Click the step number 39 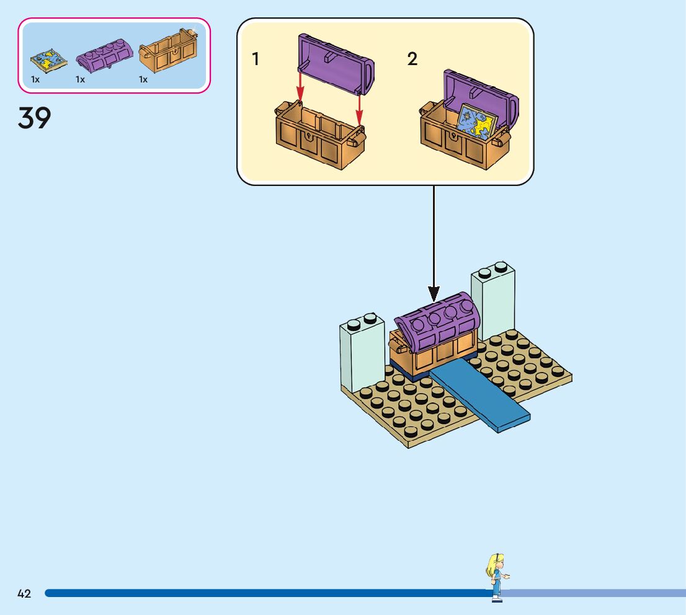coord(35,118)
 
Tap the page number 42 coord(24,593)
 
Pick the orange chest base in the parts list coord(169,55)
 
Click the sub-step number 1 coord(256,60)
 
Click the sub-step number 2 coord(412,60)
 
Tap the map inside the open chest coord(477,122)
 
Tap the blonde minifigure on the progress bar coord(496,576)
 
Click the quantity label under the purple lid coord(80,79)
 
